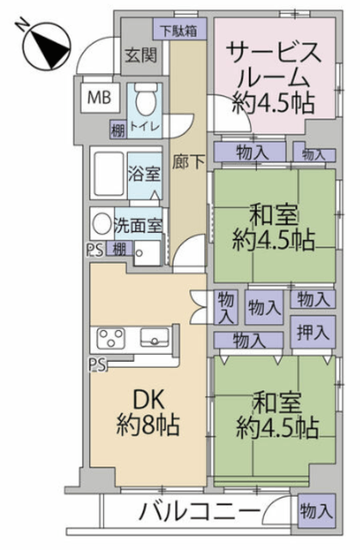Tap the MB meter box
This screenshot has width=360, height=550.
coord(99,97)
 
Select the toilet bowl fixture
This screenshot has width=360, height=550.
coord(145,101)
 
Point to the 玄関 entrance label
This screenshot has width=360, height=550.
coord(141,55)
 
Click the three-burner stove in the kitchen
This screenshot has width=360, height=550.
coord(111,338)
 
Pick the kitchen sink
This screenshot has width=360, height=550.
coord(155,338)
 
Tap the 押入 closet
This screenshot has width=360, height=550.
coord(313,332)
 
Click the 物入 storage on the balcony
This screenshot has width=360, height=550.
coord(316,510)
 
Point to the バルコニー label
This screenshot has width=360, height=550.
coord(200,512)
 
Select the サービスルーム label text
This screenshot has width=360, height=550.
coord(273,66)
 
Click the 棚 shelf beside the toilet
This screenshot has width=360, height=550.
coord(118,130)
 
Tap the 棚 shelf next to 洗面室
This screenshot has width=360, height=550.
coord(119,248)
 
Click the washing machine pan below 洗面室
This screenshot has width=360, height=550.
coord(147,253)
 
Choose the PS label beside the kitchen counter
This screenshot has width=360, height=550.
coord(97,364)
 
